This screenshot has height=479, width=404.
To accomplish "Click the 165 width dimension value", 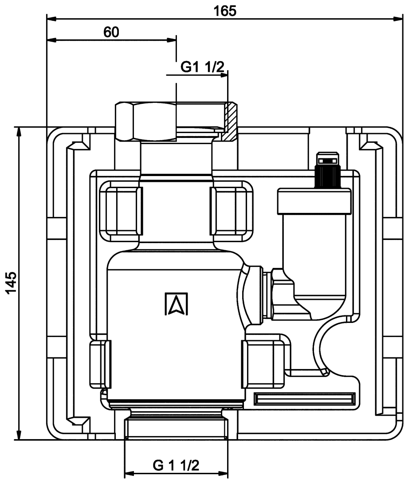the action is pyautogui.click(x=225, y=11).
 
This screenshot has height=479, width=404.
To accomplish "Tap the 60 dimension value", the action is pyautogui.click(x=111, y=32).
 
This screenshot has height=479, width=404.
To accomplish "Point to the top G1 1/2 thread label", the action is pyautogui.click(x=203, y=67).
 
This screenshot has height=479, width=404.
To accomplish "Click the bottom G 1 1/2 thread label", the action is pyautogui.click(x=176, y=466).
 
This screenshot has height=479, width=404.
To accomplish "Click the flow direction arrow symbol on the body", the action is pyautogui.click(x=176, y=304).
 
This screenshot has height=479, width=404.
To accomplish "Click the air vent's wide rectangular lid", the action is pyautogui.click(x=314, y=201).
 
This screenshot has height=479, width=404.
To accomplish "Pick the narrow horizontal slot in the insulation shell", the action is pyautogui.click(x=305, y=399).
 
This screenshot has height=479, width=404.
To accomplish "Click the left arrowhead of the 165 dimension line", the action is pyautogui.click(x=51, y=19).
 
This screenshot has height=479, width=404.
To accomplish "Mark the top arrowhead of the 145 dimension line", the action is pyautogui.click(x=19, y=132).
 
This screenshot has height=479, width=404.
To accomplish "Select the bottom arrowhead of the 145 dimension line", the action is pyautogui.click(x=19, y=435).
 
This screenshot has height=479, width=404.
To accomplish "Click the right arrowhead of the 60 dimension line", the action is pyautogui.click(x=171, y=40).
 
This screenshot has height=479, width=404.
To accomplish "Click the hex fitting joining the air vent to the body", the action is pyautogui.click(x=282, y=294).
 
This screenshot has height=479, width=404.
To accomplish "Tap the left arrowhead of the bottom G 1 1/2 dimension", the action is pyautogui.click(x=129, y=474).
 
